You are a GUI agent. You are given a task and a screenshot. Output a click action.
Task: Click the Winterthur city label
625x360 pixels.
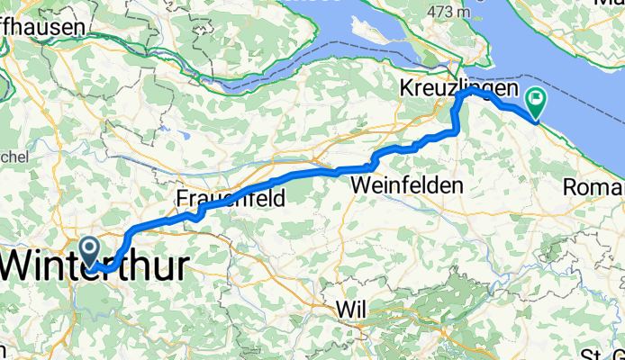[x=95, y=267]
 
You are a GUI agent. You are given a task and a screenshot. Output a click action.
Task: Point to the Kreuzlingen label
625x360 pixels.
[x=458, y=89]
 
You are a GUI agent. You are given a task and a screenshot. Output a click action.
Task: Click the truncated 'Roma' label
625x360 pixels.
[x=594, y=187]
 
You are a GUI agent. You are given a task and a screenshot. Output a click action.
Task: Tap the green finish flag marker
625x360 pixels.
[x=538, y=102]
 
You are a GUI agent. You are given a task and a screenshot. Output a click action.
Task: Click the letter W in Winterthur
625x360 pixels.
[x=23, y=267]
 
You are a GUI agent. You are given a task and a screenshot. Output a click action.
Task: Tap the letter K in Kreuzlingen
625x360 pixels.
[x=406, y=89]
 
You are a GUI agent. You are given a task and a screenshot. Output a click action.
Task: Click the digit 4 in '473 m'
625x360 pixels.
[x=435, y=11]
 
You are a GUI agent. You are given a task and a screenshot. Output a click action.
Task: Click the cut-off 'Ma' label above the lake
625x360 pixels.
[x=609, y=4]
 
